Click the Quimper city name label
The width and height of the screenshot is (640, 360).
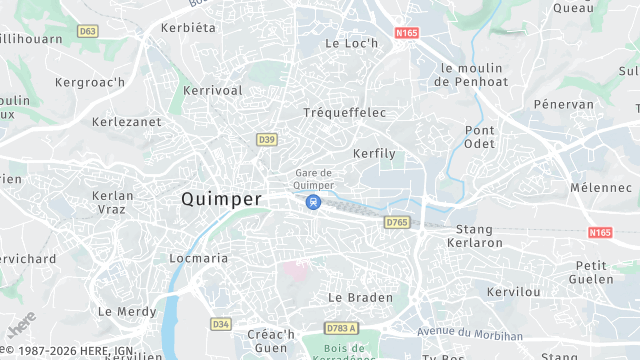point(221,199)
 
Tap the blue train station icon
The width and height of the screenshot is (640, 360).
point(313,203)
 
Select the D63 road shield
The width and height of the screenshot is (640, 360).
point(88,31)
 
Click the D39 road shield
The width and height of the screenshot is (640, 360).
point(266,139)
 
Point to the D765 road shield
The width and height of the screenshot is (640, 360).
point(397,222)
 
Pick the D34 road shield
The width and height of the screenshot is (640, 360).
point(221,324)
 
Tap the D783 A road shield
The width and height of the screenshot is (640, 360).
point(341,328)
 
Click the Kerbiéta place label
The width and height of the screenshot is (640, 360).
point(188,27)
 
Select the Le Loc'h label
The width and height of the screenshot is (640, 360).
point(352,44)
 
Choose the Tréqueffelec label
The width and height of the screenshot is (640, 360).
point(344,113)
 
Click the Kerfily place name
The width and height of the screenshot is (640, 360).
point(374,154)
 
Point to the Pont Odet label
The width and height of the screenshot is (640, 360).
point(480,137)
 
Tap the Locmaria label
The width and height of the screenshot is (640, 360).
point(199,258)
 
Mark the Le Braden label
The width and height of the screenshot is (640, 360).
point(360,298)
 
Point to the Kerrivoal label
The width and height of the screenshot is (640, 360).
point(212,90)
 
